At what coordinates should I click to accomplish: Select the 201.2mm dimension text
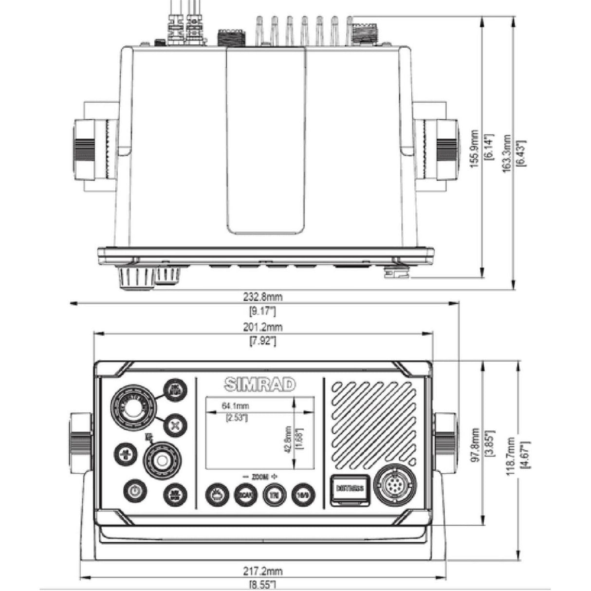tap(263, 327)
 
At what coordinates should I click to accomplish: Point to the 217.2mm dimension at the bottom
tap(263, 571)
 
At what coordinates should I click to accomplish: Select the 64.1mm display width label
tap(236, 406)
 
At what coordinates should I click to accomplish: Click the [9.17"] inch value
tap(263, 311)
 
